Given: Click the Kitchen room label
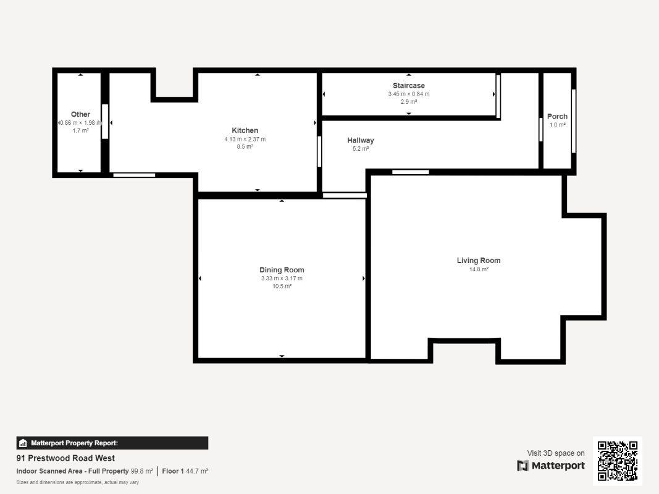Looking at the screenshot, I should click(x=245, y=130).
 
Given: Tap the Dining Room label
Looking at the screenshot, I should click(x=282, y=270).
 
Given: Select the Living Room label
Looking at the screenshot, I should click(x=479, y=261).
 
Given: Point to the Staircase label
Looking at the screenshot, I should click(x=408, y=85).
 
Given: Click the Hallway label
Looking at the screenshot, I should click(x=360, y=140).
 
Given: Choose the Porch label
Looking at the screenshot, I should click(x=557, y=116).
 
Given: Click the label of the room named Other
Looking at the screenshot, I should click(x=80, y=114).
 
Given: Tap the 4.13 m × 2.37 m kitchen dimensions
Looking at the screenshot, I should click(x=245, y=139).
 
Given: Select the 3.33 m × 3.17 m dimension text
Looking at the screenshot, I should click(x=282, y=278).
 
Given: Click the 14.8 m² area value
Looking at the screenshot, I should click(x=479, y=269).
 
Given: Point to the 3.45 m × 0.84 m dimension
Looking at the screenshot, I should click(x=408, y=94).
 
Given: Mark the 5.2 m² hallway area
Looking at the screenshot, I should click(x=360, y=149).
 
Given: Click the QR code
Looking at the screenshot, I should click(x=618, y=461).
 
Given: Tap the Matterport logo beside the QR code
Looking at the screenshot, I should click(x=551, y=466).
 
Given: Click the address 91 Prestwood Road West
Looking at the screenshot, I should click(x=65, y=458).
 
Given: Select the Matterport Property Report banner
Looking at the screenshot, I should click(x=112, y=443).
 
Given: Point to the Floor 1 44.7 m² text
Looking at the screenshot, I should click(x=185, y=471).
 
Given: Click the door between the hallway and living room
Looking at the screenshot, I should click(x=410, y=172).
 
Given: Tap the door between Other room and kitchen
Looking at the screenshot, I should click(x=105, y=122).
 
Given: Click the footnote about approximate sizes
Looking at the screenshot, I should click(x=77, y=482).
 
